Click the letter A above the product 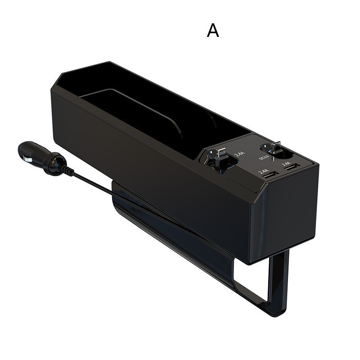coord(213,31)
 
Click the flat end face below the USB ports coord(283,211)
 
